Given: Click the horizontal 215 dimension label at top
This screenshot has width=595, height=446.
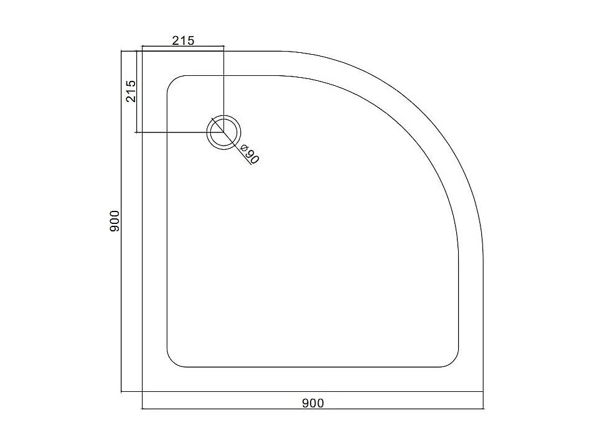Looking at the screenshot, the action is click(183, 40).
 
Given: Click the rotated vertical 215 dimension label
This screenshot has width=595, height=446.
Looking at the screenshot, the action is click(131, 91).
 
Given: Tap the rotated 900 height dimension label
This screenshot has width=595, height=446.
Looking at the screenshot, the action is click(115, 221).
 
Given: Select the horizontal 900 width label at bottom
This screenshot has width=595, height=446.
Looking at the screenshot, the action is click(313, 403).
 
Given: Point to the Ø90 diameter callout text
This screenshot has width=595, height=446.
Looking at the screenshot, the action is click(250, 154).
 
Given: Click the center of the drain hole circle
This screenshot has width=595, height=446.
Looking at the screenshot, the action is click(223, 132).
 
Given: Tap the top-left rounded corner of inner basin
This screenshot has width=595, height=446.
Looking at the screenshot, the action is click(172, 81).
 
